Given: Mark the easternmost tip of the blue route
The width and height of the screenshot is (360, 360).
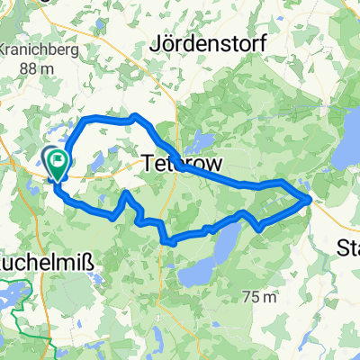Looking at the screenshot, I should [310, 199].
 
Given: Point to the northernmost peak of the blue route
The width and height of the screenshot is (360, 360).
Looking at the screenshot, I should [134, 115].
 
